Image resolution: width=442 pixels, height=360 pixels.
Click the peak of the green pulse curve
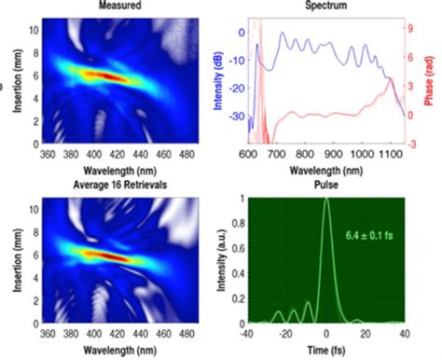[325, 199]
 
